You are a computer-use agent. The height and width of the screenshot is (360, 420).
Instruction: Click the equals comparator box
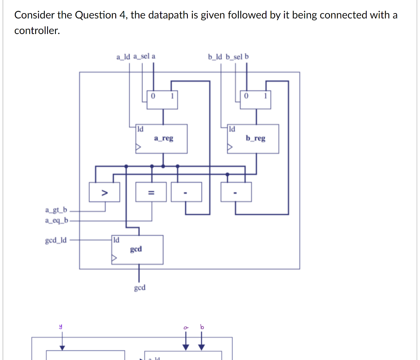(x=151, y=192)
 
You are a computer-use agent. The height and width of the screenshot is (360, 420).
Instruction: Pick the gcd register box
(x=137, y=249)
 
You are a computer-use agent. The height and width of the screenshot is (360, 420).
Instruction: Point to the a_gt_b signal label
(x=56, y=210)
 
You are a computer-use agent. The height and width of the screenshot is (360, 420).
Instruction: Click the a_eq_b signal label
(x=56, y=221)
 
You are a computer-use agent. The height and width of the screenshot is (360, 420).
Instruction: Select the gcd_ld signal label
(x=56, y=240)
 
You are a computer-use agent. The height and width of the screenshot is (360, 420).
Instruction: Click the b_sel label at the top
(x=234, y=56)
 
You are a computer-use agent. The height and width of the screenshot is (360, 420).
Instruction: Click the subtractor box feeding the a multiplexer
(x=186, y=192)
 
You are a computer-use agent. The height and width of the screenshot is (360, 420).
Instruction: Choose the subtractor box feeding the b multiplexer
(x=236, y=192)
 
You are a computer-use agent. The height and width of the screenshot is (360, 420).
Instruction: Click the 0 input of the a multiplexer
(x=153, y=96)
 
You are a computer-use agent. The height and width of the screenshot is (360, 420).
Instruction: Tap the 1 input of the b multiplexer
(x=265, y=96)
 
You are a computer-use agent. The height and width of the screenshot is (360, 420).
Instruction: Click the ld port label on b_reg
(x=232, y=129)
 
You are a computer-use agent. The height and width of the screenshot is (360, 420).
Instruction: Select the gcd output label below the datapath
(x=139, y=288)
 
